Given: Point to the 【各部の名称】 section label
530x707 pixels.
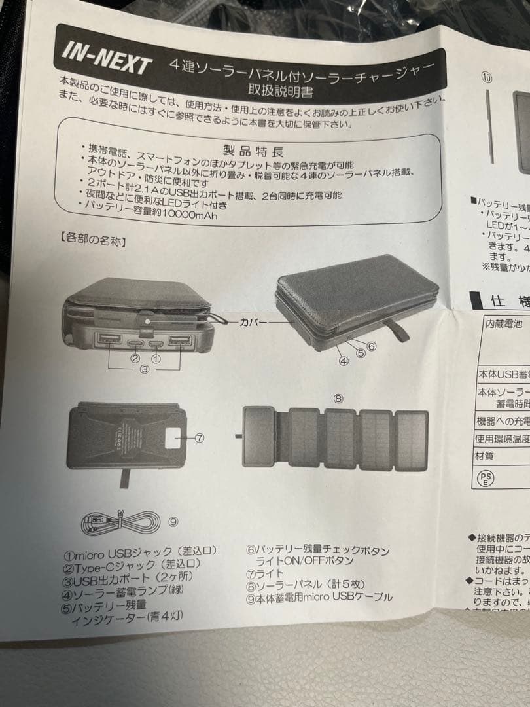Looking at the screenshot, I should coord(92,240).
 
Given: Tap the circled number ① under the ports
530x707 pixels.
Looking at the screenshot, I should coord(156,358).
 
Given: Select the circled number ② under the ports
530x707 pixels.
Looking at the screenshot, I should coord(135,358).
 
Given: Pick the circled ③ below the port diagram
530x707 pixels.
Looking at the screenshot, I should coord(145,369).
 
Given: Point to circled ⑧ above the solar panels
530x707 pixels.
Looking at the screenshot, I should coord(338,397).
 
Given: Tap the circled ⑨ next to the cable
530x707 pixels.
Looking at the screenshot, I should coord(173,522).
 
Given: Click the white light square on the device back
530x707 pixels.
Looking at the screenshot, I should coord(175,437).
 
